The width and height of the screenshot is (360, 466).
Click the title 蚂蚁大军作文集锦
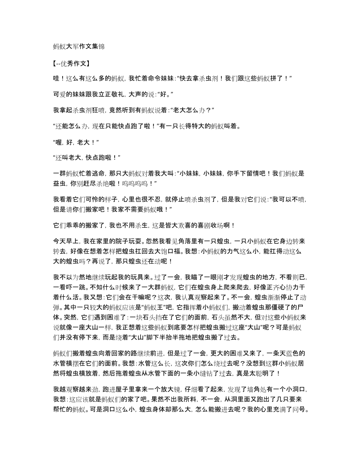pos(79,46)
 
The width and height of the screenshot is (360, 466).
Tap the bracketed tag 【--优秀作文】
pos(72,62)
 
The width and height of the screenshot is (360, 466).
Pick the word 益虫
pos(59,182)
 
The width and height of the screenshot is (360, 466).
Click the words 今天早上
pos(65,242)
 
